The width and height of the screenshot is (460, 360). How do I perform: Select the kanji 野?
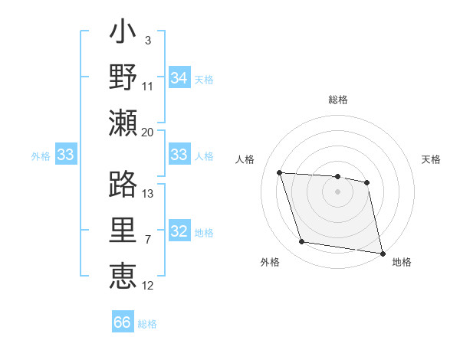[123, 78]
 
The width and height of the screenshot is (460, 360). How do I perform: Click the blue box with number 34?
[179, 77]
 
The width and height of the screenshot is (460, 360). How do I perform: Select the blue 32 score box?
[179, 232]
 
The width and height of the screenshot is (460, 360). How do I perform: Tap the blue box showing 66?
[123, 322]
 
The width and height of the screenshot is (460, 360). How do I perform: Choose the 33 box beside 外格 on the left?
[65, 155]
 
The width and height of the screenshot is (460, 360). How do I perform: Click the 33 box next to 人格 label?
[179, 155]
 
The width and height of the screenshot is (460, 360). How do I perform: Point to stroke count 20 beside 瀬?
[147, 132]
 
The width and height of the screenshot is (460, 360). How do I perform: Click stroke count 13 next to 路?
[147, 193]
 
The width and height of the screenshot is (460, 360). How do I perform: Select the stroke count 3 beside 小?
[147, 40]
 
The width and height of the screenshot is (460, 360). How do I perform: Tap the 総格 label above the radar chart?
[337, 100]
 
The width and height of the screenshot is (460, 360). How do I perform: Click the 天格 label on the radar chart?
[431, 159]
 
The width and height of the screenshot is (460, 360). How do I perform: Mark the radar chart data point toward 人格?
[279, 172]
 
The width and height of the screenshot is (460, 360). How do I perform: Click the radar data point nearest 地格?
[382, 251]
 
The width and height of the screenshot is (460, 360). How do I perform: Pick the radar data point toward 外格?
[302, 242]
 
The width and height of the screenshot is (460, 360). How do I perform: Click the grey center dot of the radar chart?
[337, 191]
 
